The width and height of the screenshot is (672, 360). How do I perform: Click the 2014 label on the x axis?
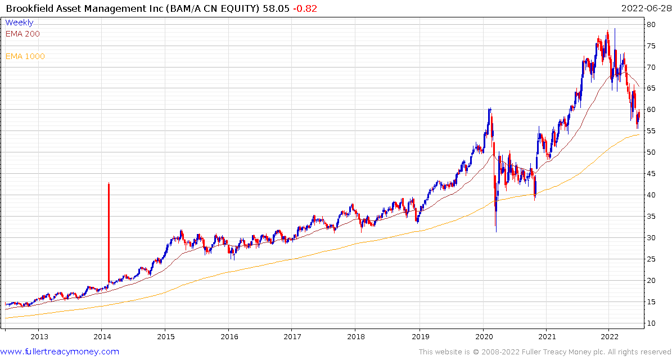102,336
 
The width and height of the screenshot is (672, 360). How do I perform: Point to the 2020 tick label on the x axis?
484,336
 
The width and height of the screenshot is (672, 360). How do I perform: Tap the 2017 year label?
292,336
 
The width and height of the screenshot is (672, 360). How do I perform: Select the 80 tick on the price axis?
651,24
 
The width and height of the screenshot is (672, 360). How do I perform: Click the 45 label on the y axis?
651,174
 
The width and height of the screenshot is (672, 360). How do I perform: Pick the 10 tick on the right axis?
651,323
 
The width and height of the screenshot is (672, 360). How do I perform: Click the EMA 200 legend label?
22,34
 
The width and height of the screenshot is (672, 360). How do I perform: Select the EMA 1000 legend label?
25,56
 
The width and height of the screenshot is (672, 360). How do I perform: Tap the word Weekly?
19,22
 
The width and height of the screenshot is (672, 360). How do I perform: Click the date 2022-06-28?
645,8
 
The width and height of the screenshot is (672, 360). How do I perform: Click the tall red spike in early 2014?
109,231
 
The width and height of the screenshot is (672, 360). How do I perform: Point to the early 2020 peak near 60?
490,109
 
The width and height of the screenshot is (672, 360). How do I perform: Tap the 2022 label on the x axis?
609,336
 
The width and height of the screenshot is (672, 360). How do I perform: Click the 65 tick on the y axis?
651,88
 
